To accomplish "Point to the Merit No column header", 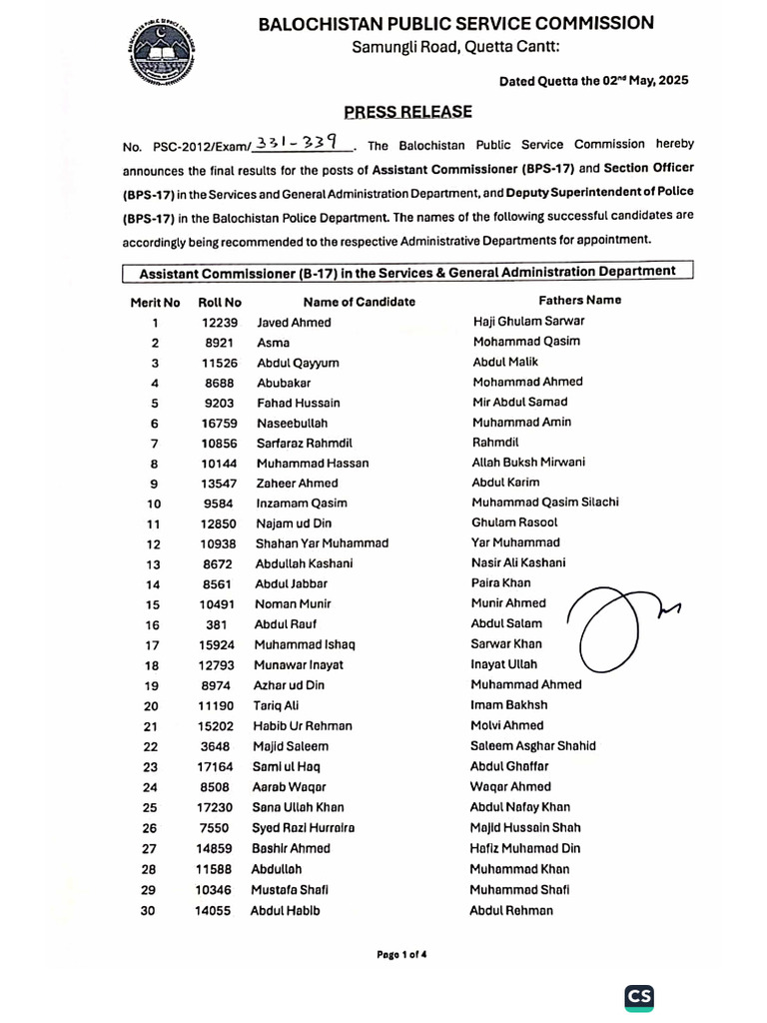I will click(155, 302).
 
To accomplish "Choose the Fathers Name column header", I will click(579, 300).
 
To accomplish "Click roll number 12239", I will click(219, 323).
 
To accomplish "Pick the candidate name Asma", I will click(273, 343).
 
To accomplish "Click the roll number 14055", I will click(214, 910).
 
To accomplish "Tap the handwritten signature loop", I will click(610, 629).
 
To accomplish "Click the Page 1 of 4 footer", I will click(401, 954).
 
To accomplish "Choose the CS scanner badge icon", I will click(639, 996).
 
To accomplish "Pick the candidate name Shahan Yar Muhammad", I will click(322, 543).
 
